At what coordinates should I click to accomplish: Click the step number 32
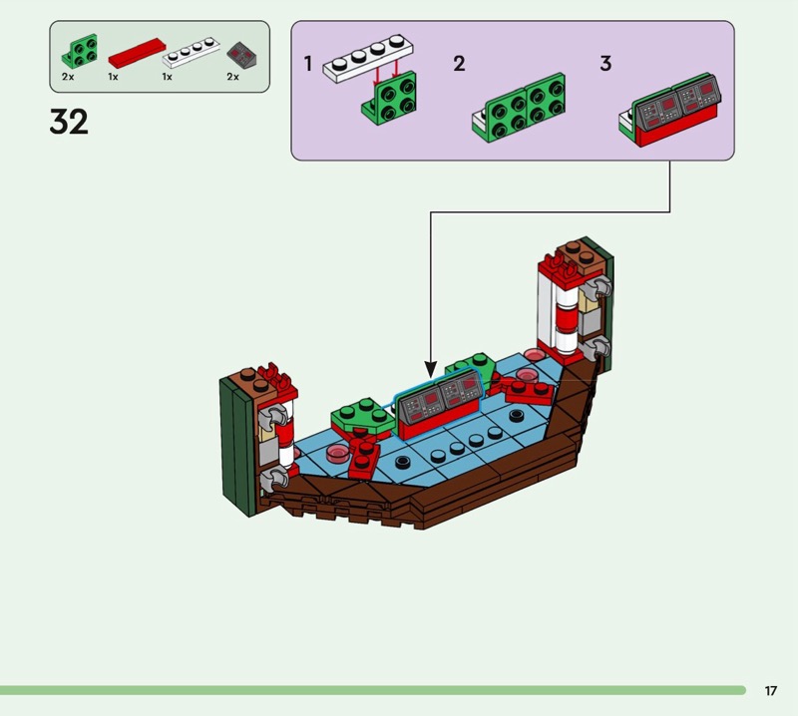[x=69, y=122]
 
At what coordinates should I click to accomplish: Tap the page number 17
[x=770, y=690]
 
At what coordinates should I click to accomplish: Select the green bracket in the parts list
[x=80, y=52]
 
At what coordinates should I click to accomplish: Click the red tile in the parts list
[x=137, y=53]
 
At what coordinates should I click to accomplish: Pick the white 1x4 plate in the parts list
[x=191, y=52]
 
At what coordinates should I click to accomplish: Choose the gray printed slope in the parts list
[x=241, y=56]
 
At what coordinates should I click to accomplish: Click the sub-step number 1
[x=307, y=64]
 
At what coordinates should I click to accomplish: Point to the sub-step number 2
[x=459, y=64]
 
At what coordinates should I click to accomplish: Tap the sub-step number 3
[x=605, y=64]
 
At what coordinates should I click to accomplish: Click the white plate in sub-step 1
[x=368, y=58]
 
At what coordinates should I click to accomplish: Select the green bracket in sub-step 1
[x=389, y=99]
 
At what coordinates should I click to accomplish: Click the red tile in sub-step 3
[x=677, y=127]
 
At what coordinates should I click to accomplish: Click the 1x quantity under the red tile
[x=113, y=77]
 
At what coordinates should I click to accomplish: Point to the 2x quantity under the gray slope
[x=232, y=77]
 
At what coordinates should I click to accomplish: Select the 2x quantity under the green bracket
[x=68, y=77]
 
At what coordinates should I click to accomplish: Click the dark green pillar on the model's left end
[x=237, y=447]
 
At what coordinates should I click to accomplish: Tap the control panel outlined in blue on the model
[x=439, y=403]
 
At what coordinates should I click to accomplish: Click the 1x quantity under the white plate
[x=167, y=77]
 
